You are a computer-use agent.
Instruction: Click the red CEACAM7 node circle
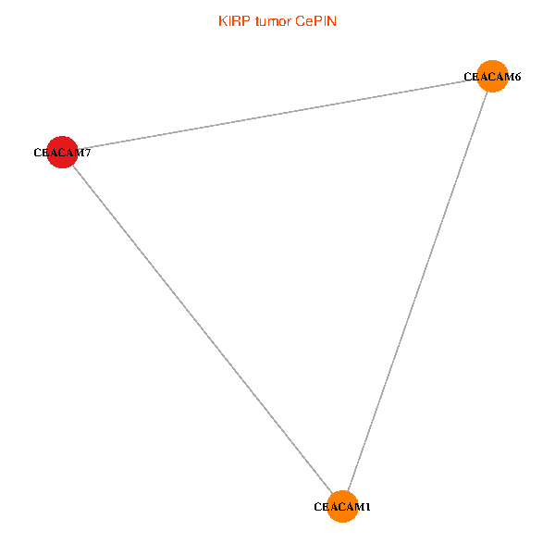[61, 153]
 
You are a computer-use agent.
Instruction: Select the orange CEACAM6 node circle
[491, 77]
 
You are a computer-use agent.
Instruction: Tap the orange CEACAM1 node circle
[342, 507]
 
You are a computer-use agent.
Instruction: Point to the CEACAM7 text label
[61, 153]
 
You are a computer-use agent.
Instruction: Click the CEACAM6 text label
[492, 77]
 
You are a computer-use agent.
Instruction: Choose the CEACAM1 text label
[342, 507]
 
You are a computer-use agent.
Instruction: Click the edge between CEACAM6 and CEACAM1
[416, 292]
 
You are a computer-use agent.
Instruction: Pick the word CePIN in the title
[315, 20]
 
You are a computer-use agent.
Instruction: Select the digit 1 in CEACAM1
[367, 507]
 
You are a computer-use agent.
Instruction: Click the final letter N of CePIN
[331, 20]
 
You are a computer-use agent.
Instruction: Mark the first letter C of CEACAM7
[37, 153]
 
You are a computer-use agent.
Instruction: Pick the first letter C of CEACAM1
[318, 507]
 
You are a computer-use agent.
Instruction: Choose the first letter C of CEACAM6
[468, 77]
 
